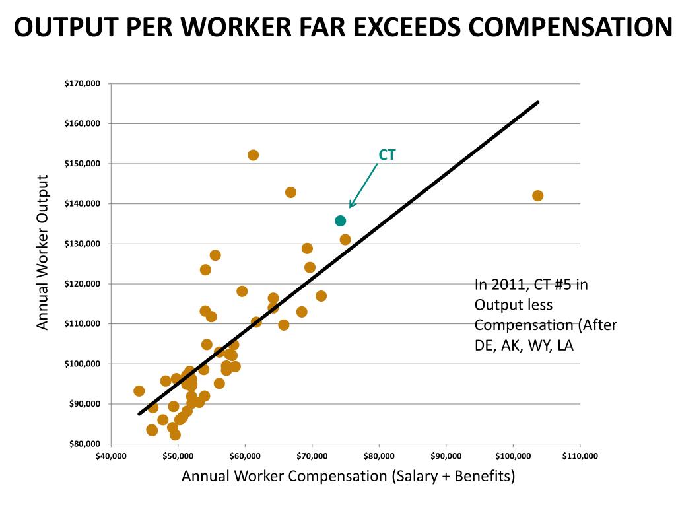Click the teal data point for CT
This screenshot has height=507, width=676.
click(340, 220)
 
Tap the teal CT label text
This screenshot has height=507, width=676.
click(387, 154)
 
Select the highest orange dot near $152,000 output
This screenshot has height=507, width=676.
click(253, 155)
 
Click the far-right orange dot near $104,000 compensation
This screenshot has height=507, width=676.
click(537, 195)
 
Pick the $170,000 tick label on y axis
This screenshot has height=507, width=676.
click(82, 84)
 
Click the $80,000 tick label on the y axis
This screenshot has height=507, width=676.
click(84, 444)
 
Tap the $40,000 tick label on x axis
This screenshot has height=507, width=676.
click(111, 456)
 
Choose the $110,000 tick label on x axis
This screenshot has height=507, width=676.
click(580, 456)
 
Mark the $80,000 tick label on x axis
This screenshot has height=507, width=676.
click(379, 456)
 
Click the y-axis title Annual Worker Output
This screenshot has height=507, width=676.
click(43, 252)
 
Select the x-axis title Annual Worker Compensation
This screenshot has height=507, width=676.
click(348, 476)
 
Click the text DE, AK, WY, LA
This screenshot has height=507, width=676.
click(524, 345)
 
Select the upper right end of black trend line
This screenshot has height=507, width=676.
click(537, 102)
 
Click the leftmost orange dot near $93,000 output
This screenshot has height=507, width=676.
click(139, 391)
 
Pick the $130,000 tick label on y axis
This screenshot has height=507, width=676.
click(82, 244)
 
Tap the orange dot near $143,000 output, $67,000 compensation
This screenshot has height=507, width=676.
click(290, 192)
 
